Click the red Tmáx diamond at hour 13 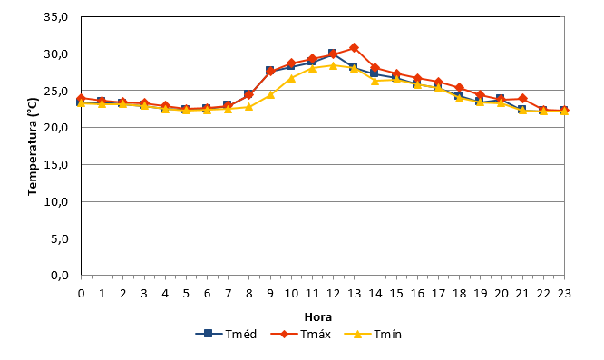(x=355, y=48)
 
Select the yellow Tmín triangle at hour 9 (x=270, y=94)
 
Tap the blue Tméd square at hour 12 (x=333, y=53)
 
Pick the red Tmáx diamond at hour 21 (x=522, y=99)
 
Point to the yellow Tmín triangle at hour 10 (x=291, y=78)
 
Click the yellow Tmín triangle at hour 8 (x=249, y=107)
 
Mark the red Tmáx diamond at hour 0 (x=81, y=99)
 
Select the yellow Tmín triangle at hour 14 (x=375, y=81)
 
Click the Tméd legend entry (x=226, y=334)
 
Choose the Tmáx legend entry (x=301, y=334)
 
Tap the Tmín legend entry (x=373, y=334)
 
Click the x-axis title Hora (x=318, y=316)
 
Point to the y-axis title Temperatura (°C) (x=33, y=146)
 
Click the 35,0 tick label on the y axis (x=56, y=17)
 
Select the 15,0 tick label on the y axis (x=56, y=164)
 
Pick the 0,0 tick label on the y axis (x=60, y=276)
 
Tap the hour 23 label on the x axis (x=564, y=294)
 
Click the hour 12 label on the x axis (x=333, y=294)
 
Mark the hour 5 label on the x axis (x=186, y=294)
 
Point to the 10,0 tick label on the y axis (x=56, y=201)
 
